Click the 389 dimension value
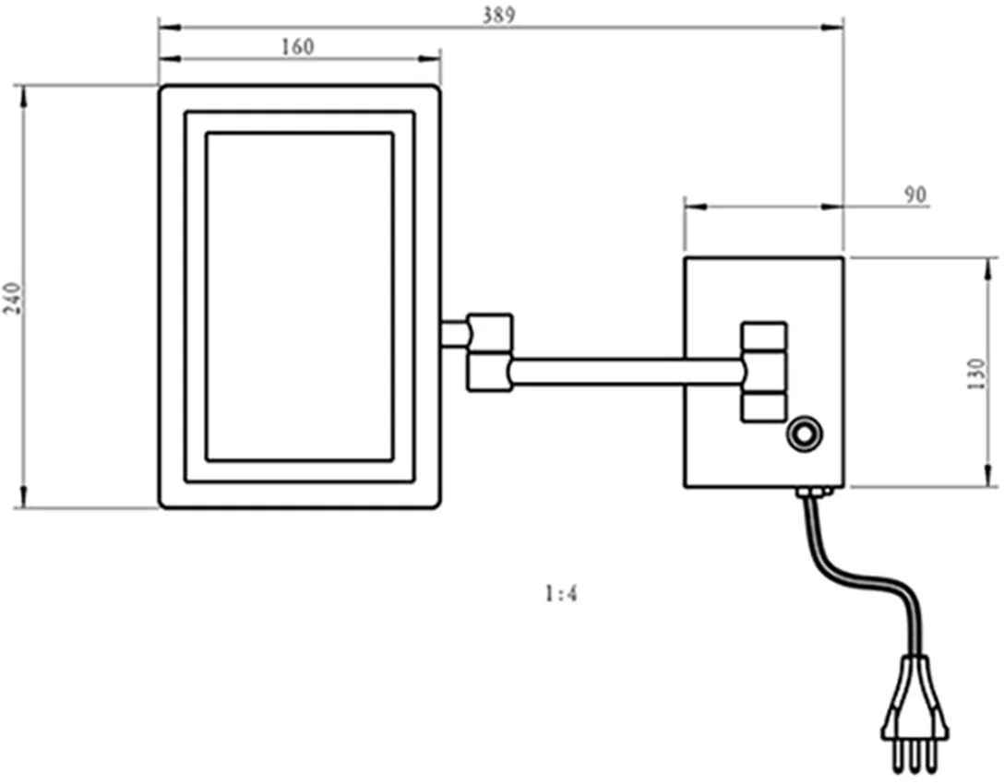tap(499, 15)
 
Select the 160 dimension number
tap(297, 47)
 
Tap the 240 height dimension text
tap(12, 298)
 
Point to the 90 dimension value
tap(914, 195)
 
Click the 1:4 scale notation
tap(560, 594)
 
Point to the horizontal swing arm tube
tap(627, 371)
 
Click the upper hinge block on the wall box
tap(764, 336)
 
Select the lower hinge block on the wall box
tap(764, 407)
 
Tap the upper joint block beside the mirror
tap(490, 329)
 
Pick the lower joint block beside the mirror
tap(490, 374)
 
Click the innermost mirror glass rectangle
tap(299, 296)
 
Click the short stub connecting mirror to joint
tap(454, 333)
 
